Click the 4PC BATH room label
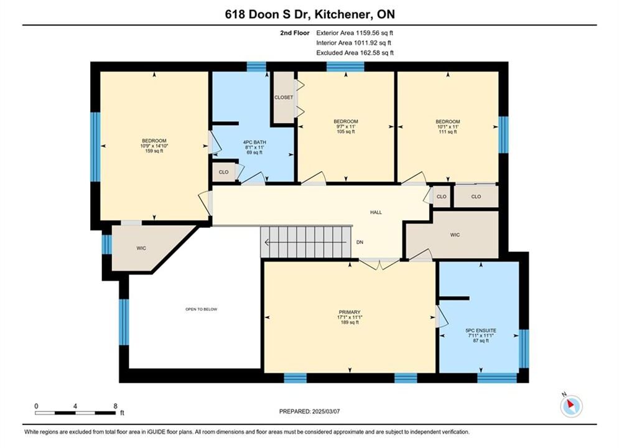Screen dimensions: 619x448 click(x=254, y=142)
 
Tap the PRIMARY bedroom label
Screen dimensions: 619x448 click(x=350, y=312)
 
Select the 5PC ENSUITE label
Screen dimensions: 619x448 click(x=481, y=330)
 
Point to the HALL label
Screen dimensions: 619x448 click(x=376, y=212)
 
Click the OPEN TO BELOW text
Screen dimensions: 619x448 click(x=202, y=309)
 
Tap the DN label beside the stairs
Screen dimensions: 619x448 click(x=360, y=242)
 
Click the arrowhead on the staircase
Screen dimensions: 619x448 click(x=268, y=242)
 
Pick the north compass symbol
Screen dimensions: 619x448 click(x=571, y=405)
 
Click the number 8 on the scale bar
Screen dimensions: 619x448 click(x=115, y=406)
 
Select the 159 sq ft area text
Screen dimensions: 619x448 click(x=154, y=151)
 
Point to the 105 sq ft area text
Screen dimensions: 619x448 click(x=346, y=131)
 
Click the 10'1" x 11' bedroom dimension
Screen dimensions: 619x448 click(x=448, y=127)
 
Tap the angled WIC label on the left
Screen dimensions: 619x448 click(x=141, y=248)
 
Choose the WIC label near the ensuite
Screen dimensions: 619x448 click(x=455, y=235)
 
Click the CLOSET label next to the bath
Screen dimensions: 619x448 click(x=284, y=97)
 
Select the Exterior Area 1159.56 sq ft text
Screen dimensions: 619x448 click(x=355, y=33)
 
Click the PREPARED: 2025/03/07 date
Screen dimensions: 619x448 click(x=310, y=411)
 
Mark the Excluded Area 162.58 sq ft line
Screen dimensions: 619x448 click(x=355, y=53)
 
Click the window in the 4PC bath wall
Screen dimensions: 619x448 click(x=256, y=67)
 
